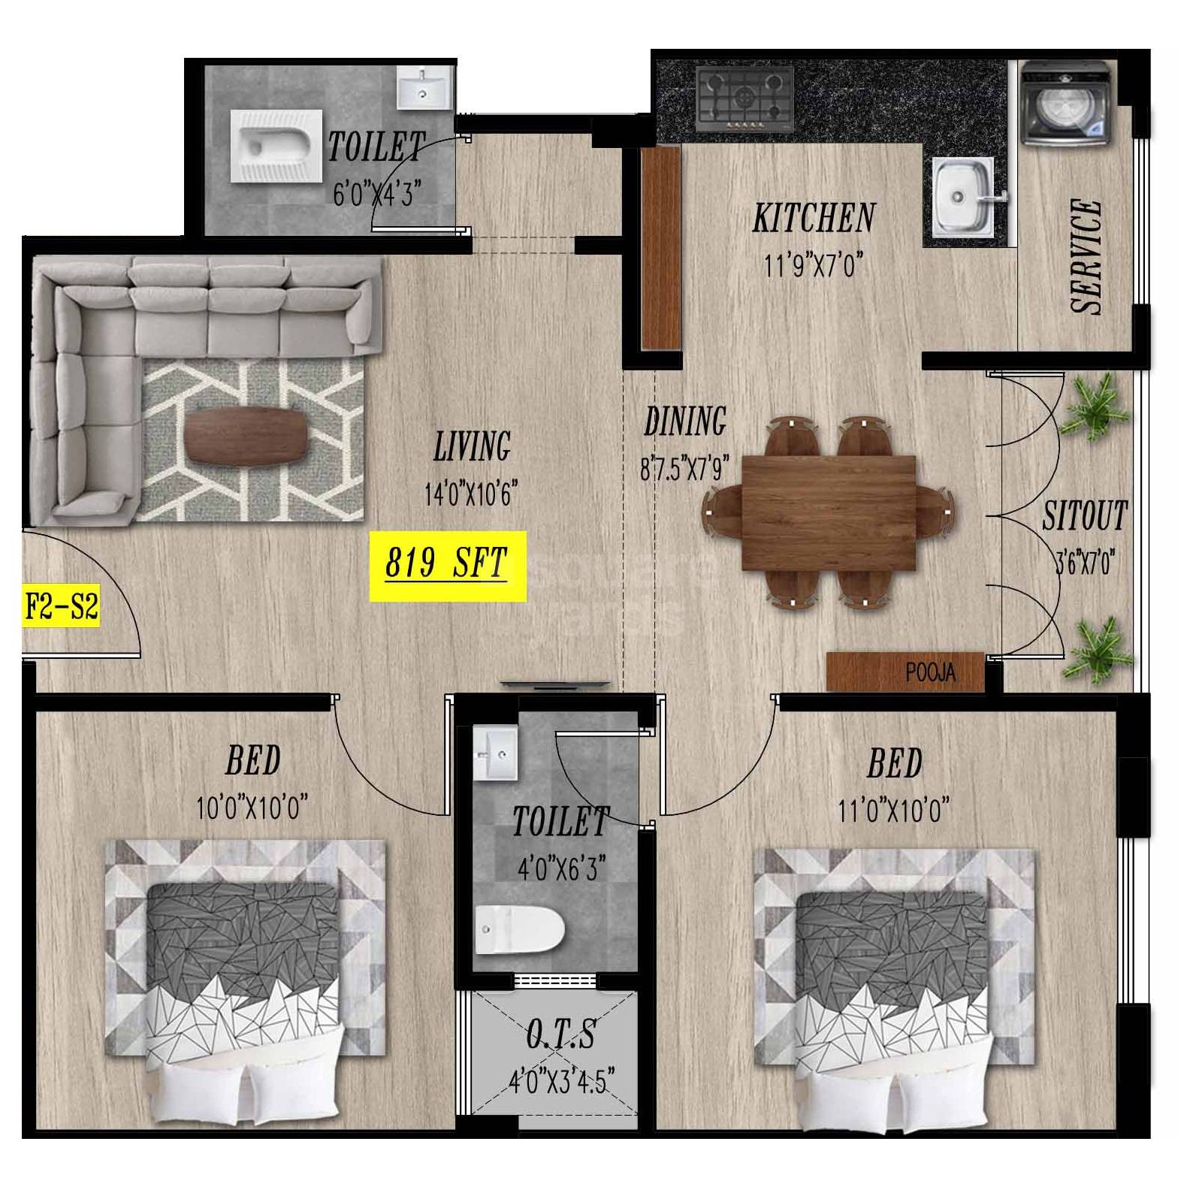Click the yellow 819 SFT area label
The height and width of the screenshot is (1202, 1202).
447,565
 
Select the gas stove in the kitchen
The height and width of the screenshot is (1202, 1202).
744,97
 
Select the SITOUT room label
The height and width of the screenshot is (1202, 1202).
1084,516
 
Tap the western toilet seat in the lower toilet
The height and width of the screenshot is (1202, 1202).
519,929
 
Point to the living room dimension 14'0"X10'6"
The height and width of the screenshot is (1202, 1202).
470,494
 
